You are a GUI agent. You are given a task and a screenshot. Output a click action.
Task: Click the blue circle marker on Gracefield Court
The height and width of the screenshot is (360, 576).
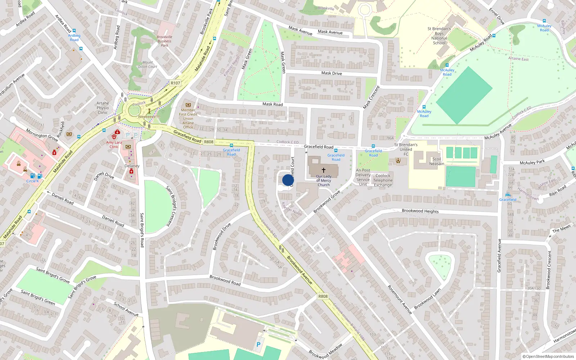288,180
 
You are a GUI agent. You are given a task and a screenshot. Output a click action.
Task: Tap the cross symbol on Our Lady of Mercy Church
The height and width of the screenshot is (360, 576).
323,170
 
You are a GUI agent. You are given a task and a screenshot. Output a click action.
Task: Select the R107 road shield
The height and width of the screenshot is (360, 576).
175,83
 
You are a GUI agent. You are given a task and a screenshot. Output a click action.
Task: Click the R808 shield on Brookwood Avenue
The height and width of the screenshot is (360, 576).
323,296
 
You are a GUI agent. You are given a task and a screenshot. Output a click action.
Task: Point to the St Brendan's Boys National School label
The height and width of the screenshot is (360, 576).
439,36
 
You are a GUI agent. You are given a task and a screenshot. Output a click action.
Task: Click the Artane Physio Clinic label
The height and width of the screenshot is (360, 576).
103,108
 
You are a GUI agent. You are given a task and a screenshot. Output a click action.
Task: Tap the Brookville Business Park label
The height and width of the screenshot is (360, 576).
165,41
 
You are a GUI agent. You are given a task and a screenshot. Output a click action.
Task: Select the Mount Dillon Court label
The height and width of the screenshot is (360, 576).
148,64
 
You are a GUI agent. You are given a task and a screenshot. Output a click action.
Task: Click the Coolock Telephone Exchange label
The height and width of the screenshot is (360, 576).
383,180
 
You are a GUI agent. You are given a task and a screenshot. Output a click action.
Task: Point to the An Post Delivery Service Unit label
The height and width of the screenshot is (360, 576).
363,177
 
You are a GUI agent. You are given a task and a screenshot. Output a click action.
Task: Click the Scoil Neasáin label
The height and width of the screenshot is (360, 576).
437,161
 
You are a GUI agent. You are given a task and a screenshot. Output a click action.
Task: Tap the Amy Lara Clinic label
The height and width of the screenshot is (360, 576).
114,144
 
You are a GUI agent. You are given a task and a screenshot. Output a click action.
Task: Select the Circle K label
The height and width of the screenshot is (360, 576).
32,181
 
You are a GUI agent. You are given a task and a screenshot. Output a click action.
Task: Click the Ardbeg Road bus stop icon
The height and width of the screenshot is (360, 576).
74,31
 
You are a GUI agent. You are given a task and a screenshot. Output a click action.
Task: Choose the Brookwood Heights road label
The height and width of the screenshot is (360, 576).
420,211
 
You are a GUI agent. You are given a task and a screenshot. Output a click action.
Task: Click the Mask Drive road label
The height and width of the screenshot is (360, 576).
332,73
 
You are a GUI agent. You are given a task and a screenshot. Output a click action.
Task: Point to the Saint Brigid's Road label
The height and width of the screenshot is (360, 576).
142,230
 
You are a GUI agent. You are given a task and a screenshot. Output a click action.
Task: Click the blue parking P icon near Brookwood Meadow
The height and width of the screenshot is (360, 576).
258,345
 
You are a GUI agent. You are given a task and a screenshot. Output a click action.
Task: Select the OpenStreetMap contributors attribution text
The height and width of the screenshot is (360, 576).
548,356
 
